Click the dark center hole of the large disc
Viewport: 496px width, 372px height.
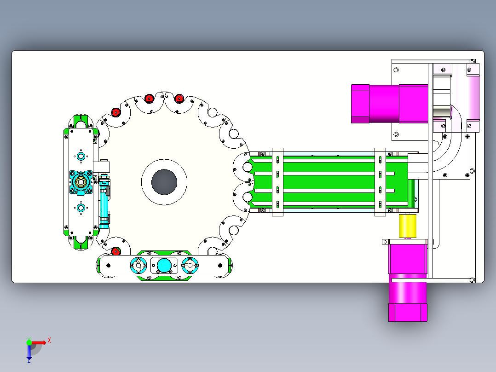[x=164, y=182]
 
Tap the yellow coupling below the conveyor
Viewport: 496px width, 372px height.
[x=408, y=226]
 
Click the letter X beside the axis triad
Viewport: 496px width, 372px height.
[x=49, y=341]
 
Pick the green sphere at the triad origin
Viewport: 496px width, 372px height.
[x=29, y=343]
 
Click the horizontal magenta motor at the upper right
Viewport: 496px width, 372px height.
[x=389, y=104]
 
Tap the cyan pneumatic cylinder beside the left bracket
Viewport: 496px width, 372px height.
[x=104, y=201]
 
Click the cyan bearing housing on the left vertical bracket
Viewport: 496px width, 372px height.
[x=81, y=182]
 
